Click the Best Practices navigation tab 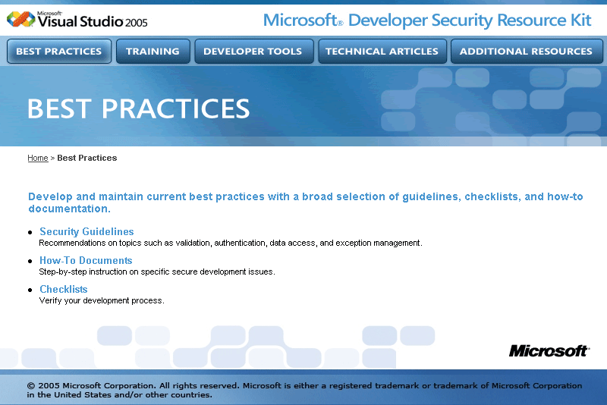(x=59, y=51)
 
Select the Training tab (x=153, y=51)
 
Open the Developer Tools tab (x=254, y=51)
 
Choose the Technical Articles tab (x=382, y=51)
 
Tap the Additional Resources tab (x=527, y=51)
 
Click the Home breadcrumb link (x=38, y=158)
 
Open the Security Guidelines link (x=86, y=231)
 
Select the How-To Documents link (x=86, y=260)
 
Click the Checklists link (x=64, y=289)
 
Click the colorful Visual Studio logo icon (x=21, y=19)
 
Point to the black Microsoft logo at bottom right (x=549, y=351)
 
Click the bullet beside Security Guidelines (x=30, y=233)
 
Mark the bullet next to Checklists (x=30, y=290)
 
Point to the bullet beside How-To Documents (x=30, y=261)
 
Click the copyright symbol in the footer (x=31, y=385)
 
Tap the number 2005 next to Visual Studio (x=137, y=23)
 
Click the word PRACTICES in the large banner (x=175, y=108)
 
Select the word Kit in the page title (x=580, y=20)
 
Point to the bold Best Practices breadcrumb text (x=87, y=158)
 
